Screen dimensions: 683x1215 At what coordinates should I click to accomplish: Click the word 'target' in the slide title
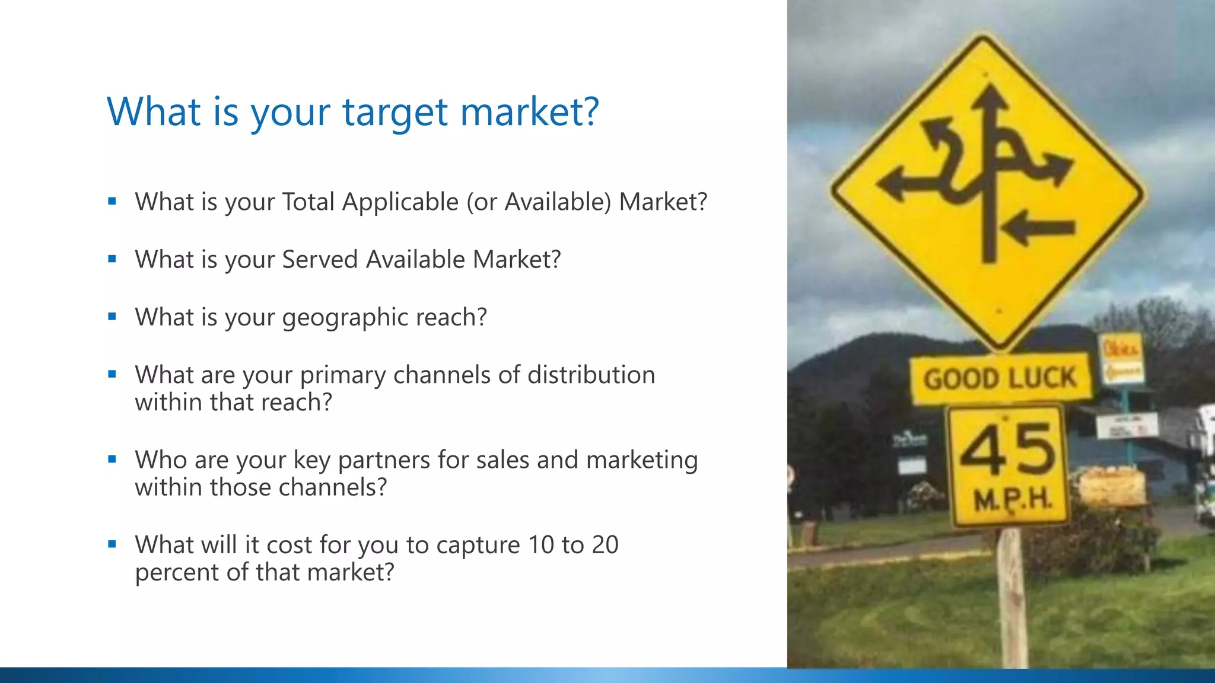coord(395,113)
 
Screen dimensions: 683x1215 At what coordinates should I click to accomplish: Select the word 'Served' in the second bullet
coord(320,260)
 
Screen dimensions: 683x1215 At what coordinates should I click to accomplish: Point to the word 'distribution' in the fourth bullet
coord(591,375)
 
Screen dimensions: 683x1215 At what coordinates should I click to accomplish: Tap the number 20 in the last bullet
coord(605,545)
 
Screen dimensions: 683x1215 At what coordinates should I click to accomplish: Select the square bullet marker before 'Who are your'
coord(112,459)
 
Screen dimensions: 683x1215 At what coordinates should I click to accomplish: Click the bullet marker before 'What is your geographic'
coord(112,316)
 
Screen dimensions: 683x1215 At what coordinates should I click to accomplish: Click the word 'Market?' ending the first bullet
coord(663,202)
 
